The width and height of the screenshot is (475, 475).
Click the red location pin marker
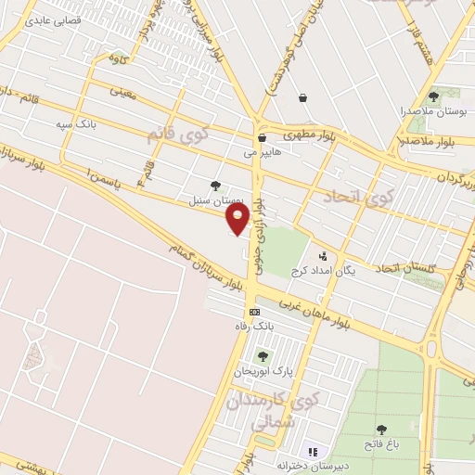coord(237,219)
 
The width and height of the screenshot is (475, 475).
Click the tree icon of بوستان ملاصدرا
coord(433,96)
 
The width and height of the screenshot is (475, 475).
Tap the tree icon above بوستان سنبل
coord(216,186)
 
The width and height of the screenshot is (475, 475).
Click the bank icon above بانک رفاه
coord(254,313)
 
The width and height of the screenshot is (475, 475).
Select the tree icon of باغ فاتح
coord(381,429)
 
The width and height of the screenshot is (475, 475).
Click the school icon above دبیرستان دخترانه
coord(311,451)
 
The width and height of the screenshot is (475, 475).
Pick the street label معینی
coord(123,92)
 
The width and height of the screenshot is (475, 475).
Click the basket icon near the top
coord(302,96)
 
